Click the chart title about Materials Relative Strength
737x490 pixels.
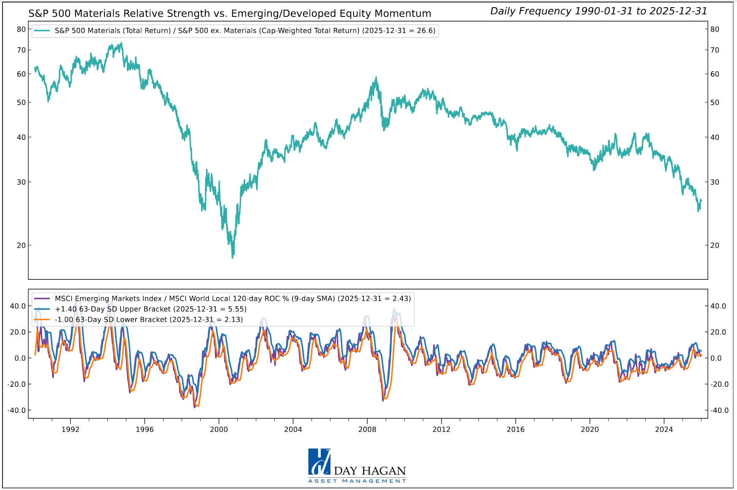[x=230, y=13]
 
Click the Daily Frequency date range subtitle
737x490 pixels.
[x=598, y=11]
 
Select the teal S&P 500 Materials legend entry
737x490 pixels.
[x=245, y=31]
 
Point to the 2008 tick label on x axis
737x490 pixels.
[x=367, y=429]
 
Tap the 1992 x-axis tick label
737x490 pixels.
[x=70, y=429]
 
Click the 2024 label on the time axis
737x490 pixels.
[x=664, y=429]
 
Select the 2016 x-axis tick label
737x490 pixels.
[x=515, y=429]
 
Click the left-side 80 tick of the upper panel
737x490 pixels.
[x=21, y=29]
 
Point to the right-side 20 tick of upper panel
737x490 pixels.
[x=715, y=245]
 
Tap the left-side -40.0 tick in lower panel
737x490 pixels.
[x=18, y=410]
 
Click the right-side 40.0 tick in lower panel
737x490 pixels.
[x=718, y=306]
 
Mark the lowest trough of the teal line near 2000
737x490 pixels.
[x=233, y=257]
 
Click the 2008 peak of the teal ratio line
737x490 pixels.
[x=376, y=78]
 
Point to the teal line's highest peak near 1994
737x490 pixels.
[x=121, y=43]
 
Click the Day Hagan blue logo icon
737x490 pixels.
[x=319, y=462]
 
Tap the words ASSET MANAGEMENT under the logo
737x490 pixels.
[x=357, y=481]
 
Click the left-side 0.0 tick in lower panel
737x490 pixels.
[x=20, y=358]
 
